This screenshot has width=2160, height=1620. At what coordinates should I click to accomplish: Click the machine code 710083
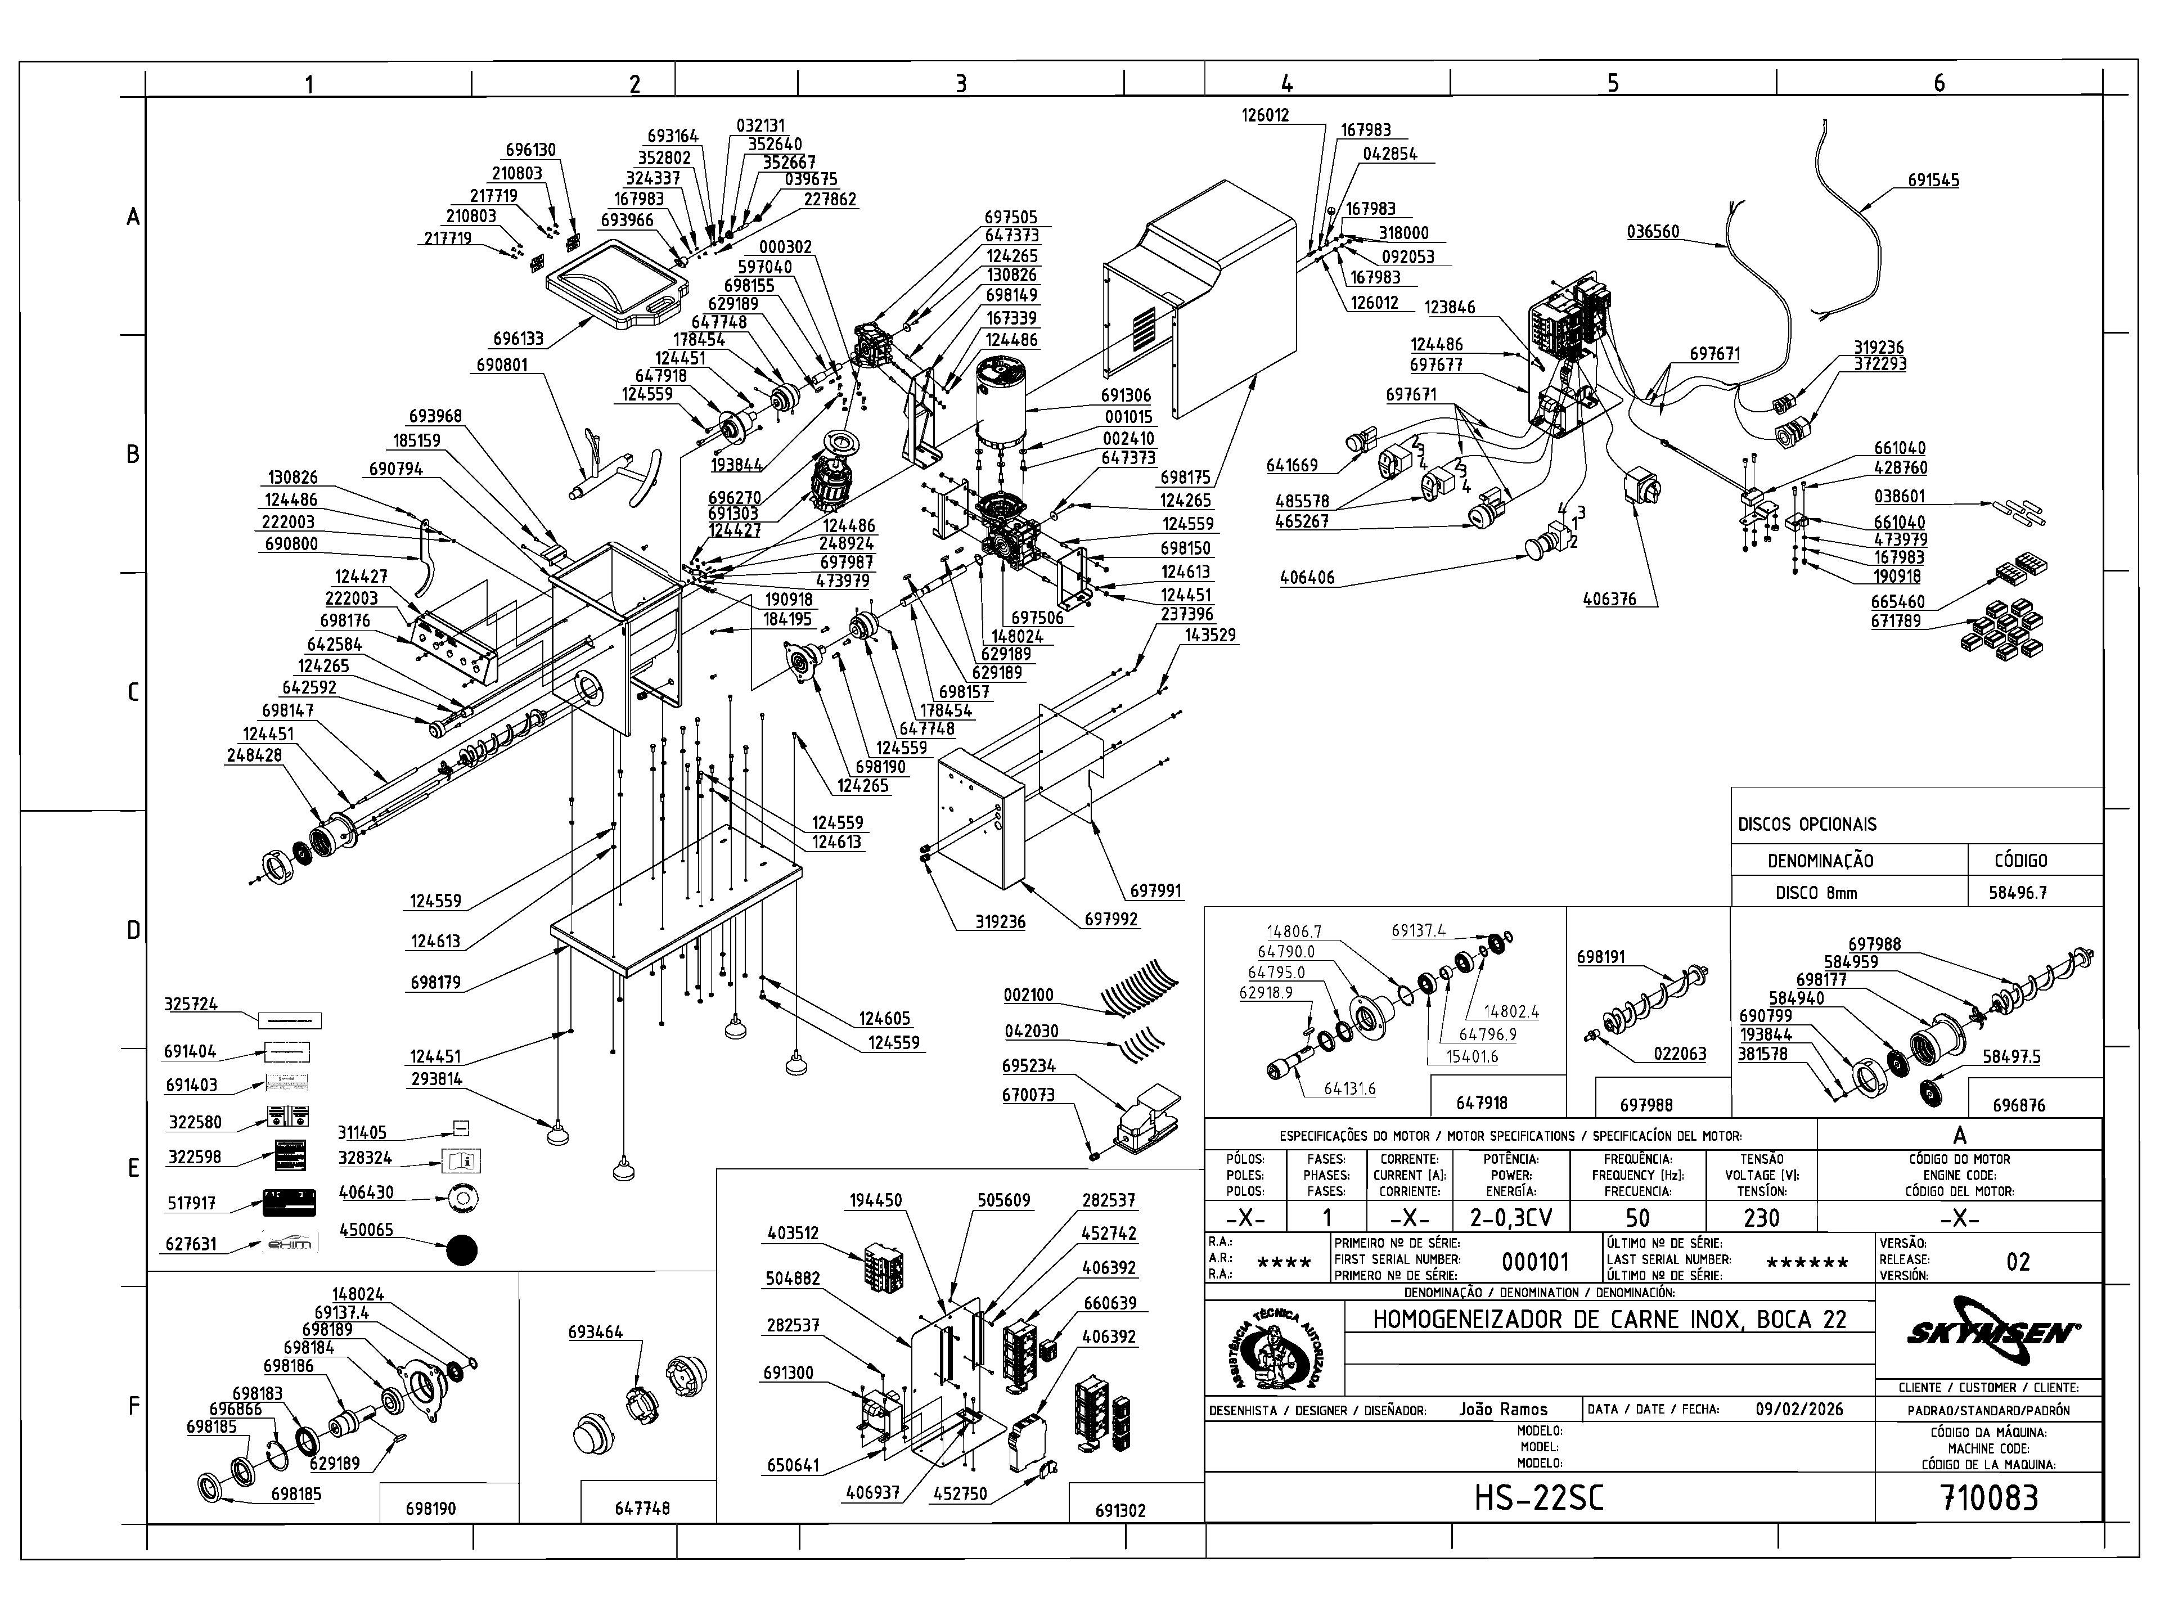coord(1989,1497)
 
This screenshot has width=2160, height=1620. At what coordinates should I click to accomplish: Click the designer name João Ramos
coord(1503,1409)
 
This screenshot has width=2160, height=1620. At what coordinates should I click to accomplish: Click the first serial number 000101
coord(1535,1262)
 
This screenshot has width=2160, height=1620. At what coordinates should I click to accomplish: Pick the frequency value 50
coord(1637,1218)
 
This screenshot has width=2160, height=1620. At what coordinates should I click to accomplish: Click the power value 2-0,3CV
coord(1511,1218)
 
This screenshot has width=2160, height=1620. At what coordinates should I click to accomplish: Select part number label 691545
coord(1933,181)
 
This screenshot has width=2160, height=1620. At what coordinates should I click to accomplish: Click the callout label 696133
coord(517,339)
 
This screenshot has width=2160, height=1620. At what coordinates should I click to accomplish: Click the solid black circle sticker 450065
coord(462,1250)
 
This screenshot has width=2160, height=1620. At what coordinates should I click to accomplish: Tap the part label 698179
coord(435,982)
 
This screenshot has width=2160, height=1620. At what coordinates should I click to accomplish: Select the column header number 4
coord(1287,84)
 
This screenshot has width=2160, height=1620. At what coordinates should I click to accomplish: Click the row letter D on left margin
coord(134,930)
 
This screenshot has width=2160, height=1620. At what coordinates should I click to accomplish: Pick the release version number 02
coord(2018,1262)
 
